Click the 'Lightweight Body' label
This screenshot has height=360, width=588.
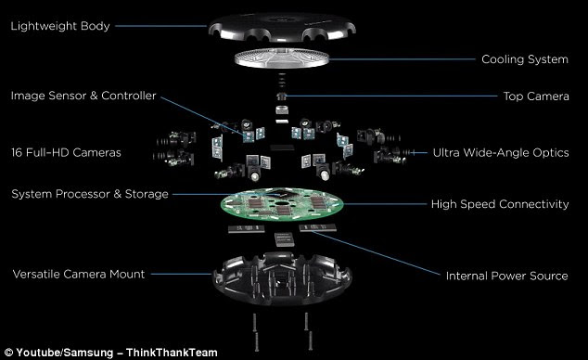point(60,25)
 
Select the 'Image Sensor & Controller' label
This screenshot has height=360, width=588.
point(83,95)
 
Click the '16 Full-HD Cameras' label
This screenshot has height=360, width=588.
point(67,150)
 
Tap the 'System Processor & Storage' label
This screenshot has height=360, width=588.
point(89,194)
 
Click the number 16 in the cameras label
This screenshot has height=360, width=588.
point(17,150)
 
